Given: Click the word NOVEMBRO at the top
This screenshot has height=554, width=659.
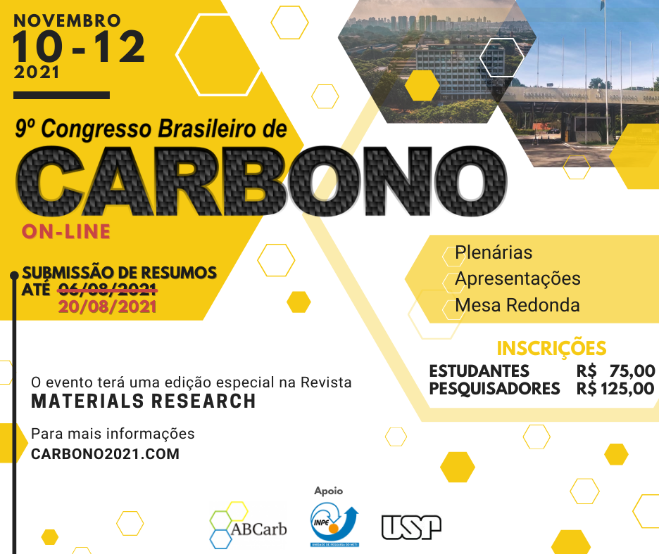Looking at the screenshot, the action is click(x=68, y=20).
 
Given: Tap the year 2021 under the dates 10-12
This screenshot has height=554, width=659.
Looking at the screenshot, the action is click(x=37, y=72).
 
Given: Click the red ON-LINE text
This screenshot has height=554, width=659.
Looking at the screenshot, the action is click(x=66, y=232).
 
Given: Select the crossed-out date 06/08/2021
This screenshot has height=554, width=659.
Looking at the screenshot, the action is click(x=107, y=289).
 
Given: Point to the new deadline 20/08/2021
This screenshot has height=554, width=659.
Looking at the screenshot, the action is click(x=107, y=307).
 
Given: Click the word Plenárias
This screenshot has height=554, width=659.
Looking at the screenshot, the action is click(x=494, y=252).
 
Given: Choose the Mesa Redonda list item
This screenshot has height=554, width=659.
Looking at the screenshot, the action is click(x=517, y=305).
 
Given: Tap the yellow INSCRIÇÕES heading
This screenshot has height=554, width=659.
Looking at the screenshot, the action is click(x=551, y=348).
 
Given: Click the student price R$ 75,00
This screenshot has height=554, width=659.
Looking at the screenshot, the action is click(x=615, y=371).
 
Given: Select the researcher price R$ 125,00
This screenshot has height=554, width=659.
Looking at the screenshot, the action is click(x=615, y=389).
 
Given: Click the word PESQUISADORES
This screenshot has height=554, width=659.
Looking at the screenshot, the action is click(x=494, y=389).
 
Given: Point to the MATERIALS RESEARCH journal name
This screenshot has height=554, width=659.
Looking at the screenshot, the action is click(x=144, y=401).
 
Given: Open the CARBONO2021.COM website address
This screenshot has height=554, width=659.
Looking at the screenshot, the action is click(x=105, y=454).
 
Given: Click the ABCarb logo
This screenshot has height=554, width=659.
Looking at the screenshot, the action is click(x=248, y=525).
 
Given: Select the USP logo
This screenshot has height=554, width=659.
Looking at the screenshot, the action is click(x=411, y=527).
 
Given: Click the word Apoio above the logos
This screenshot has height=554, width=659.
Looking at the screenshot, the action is click(x=329, y=491).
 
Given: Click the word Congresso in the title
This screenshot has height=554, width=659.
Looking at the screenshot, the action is click(x=96, y=129).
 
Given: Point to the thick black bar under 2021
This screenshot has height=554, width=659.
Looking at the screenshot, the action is click(x=61, y=96).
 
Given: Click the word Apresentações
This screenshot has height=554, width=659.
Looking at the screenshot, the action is click(x=517, y=279).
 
